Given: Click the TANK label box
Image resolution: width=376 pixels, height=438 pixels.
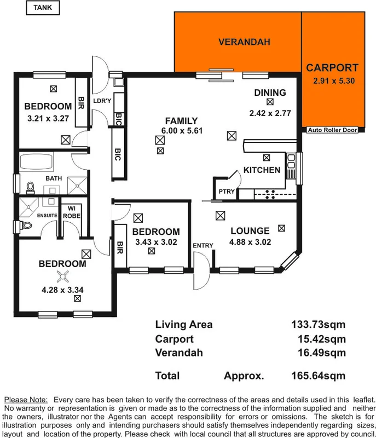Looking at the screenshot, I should click(x=43, y=8).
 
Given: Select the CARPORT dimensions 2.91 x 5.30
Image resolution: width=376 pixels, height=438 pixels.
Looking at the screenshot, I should click(x=332, y=81).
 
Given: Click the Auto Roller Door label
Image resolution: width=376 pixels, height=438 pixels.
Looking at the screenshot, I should click(x=332, y=130).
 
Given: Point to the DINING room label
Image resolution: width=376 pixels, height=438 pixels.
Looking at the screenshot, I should click(x=270, y=93).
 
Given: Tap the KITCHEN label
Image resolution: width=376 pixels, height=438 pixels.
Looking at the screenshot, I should click(x=262, y=170).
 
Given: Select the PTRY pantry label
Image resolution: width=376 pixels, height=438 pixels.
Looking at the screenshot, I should click(x=226, y=192).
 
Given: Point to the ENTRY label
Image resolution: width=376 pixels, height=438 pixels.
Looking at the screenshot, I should click(x=203, y=245).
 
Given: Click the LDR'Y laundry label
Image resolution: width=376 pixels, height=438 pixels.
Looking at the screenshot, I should click(x=102, y=101).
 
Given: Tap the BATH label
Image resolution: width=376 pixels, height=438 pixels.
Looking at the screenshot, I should click(x=54, y=178).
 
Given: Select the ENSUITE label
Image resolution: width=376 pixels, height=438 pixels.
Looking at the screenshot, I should click(x=47, y=216).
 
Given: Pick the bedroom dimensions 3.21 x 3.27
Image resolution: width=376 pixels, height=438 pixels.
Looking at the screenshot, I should click(x=48, y=118).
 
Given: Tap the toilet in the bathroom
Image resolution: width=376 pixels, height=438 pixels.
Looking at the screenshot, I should click(x=31, y=187).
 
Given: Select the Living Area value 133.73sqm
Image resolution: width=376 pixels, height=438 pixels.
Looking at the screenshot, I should click(x=318, y=325).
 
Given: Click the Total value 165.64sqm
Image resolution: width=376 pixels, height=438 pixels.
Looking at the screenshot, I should click(x=318, y=376).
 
